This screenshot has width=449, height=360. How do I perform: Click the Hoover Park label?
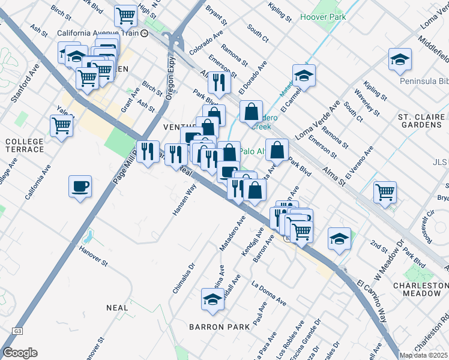pyautogui.click(x=322, y=17)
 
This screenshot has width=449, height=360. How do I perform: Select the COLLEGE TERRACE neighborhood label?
pyautogui.click(x=24, y=146)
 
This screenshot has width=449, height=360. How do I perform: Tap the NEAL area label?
pyautogui.click(x=117, y=308)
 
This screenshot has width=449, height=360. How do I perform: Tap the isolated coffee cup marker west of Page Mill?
pyautogui.click(x=80, y=186)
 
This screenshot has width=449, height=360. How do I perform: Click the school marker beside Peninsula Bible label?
pyautogui.click(x=400, y=59)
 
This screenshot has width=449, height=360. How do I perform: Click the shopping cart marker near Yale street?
pyautogui.click(x=61, y=126)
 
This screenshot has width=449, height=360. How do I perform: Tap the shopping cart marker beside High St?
pyautogui.click(x=125, y=15)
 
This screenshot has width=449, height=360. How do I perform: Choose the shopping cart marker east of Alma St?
pyautogui.click(x=385, y=192)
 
